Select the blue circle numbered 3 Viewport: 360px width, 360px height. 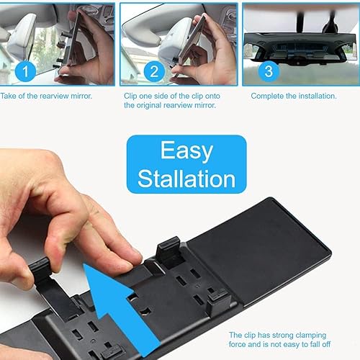[x=268, y=70]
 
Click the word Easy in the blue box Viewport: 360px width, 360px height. [x=186, y=151]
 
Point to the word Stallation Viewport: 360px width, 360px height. [x=186, y=178]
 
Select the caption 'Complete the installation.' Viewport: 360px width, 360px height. [x=294, y=95]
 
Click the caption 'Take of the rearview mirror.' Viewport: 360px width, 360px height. [x=47, y=95]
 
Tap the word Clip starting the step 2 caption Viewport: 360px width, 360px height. [x=132, y=95]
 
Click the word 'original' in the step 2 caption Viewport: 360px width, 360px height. [x=140, y=105]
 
